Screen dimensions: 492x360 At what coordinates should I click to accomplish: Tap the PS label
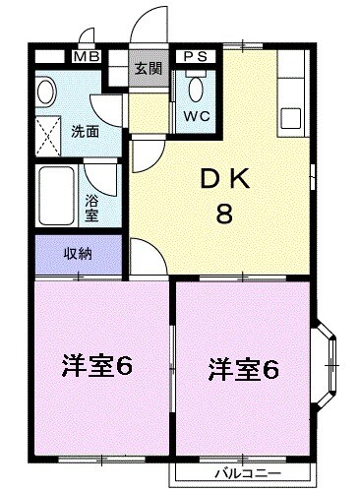tap(193, 57)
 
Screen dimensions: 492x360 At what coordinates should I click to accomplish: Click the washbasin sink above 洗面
tap(46, 92)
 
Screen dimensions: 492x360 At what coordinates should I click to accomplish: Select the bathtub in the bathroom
tap(57, 197)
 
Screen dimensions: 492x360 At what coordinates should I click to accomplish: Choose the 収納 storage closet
tap(78, 254)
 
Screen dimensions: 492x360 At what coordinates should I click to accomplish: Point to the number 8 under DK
tap(224, 215)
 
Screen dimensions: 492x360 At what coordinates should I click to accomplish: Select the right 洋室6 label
tap(243, 370)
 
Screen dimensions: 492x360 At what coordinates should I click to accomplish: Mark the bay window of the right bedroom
tap(328, 366)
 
